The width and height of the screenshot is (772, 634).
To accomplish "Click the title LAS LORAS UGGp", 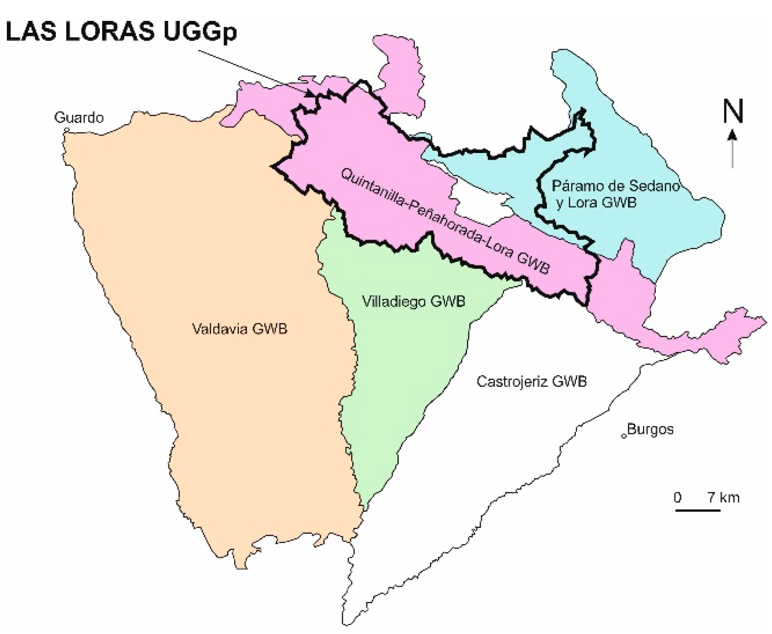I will coord(122,32).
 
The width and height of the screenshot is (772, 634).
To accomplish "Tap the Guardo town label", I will coord(79,117).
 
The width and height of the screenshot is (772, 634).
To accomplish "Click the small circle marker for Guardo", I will coord(66,130).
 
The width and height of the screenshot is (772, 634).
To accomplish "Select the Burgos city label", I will coord(650,429).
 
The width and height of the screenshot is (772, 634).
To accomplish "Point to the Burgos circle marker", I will coord(624,436).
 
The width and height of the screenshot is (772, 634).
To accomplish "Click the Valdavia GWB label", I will coord(240,329).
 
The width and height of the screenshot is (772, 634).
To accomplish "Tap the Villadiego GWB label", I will coord(413,301).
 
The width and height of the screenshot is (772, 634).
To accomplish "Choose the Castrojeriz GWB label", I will coord(531,381).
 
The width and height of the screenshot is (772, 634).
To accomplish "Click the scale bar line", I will coord(697,510).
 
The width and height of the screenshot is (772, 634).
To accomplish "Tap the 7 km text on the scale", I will coord(723,498).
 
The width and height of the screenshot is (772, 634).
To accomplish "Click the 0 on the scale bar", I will coord(678,498).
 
